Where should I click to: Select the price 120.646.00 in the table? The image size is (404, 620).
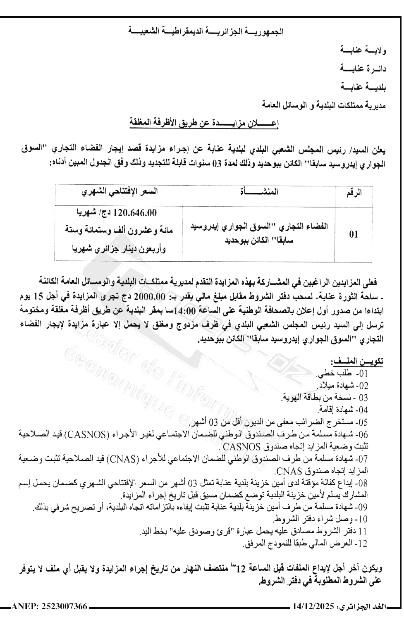[x=129, y=213]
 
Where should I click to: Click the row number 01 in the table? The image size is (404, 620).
[x=353, y=235]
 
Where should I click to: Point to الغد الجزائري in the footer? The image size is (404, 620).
[x=363, y=607]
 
